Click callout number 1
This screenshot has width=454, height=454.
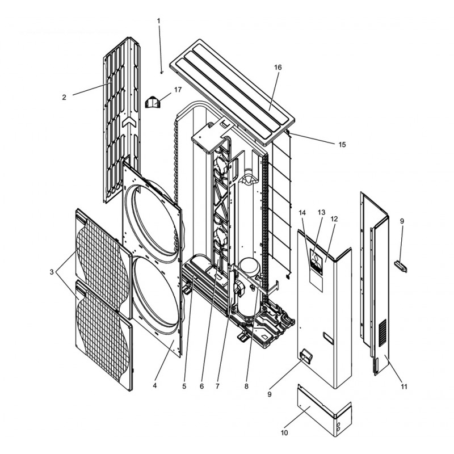pos(159,21)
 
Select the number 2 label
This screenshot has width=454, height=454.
pos(64,97)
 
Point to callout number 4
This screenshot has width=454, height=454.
pos(155,385)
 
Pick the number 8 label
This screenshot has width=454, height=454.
pos(246,386)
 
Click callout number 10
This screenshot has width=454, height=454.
pos(285,433)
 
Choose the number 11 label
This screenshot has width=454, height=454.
pos(403,386)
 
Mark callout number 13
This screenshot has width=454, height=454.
pos(321,212)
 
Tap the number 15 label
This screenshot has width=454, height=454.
pos(342,145)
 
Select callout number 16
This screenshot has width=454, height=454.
pos(278,68)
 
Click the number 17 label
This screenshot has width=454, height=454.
pos(178,90)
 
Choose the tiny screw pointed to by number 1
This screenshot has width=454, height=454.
pos(162,73)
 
